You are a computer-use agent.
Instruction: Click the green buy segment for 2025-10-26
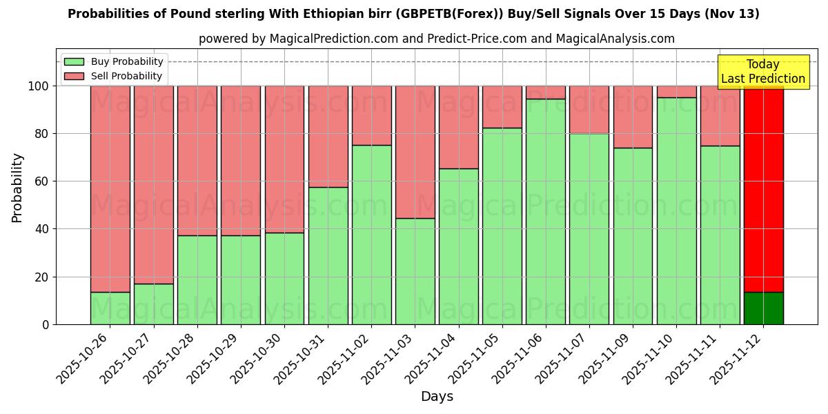(x=110, y=308)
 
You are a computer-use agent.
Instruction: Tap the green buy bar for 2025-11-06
(x=546, y=211)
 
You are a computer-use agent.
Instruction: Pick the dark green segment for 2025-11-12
(x=763, y=308)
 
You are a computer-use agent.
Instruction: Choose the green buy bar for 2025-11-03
(x=415, y=271)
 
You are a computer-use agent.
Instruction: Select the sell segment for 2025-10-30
(x=284, y=159)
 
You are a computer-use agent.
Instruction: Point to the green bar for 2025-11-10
(x=676, y=210)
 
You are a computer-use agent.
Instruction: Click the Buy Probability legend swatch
(x=74, y=62)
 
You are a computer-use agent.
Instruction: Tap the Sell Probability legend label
(x=126, y=77)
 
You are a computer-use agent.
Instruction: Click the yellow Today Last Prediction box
(x=762, y=72)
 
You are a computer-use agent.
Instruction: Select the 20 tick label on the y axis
(x=43, y=277)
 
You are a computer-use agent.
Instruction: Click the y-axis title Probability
(x=17, y=187)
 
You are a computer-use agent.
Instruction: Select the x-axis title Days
(x=437, y=397)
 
